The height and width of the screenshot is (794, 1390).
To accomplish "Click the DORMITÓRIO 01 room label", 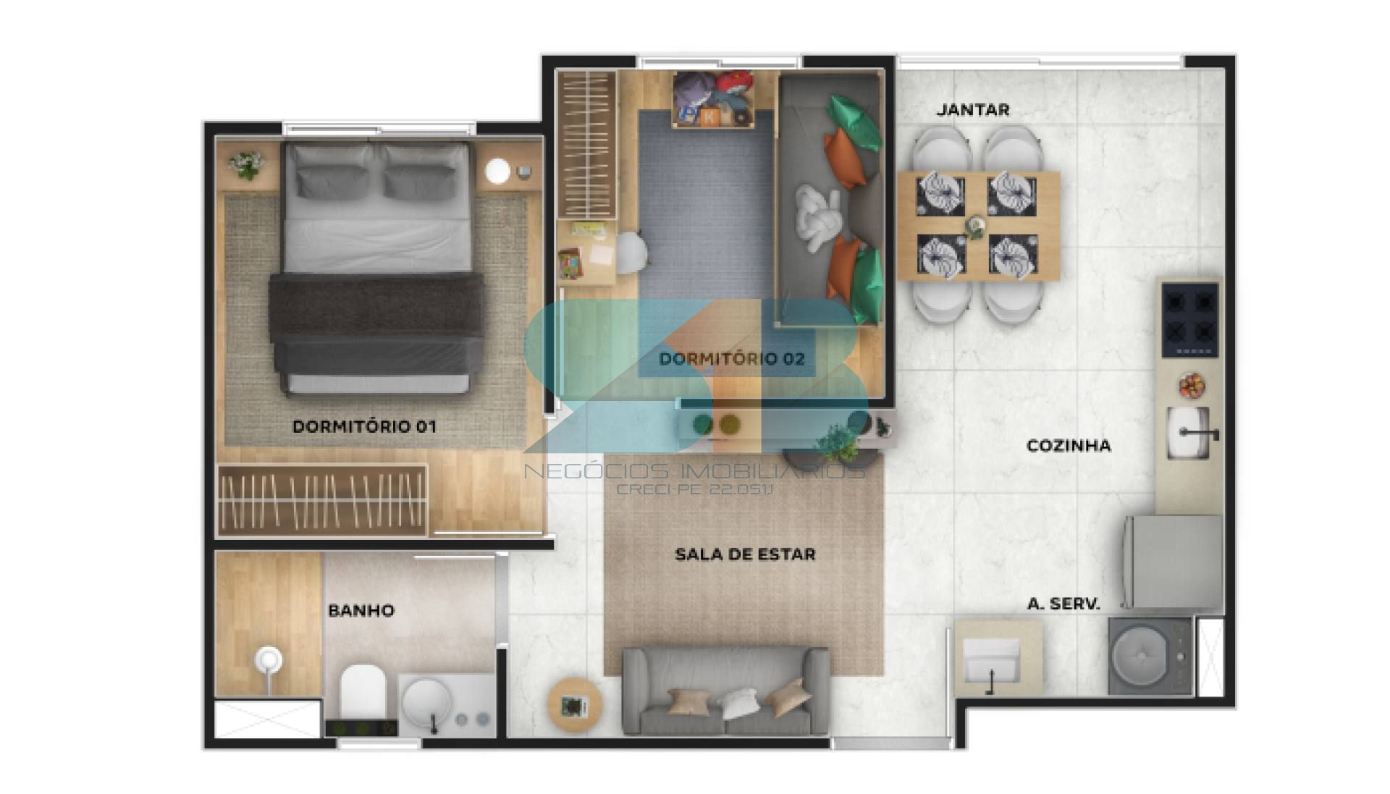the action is tap(364, 426).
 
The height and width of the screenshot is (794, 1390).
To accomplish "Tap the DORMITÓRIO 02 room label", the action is tap(732, 358).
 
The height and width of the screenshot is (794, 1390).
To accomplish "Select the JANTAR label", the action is tap(972, 110).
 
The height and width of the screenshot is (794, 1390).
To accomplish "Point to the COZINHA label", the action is tap(1069, 445).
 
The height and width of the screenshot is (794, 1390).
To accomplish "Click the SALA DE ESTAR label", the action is tap(745, 554).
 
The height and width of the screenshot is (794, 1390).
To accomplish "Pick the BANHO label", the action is tap(361, 610).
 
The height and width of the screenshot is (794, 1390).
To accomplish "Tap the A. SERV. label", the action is tap(1063, 604).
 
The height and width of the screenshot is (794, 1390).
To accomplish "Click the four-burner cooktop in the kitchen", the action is tap(1190, 320).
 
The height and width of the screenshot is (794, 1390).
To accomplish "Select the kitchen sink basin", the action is tap(1189, 433).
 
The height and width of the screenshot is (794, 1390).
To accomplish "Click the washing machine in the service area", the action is tap(1150, 656).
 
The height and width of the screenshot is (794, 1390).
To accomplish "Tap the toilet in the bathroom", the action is tap(363, 693).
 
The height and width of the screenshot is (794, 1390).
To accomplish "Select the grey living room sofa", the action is tap(726, 691).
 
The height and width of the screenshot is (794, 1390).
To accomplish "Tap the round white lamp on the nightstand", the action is tap(498, 171).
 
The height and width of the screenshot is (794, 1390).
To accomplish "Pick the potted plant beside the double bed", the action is tap(247, 164).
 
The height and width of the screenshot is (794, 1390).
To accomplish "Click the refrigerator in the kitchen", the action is tap(1173, 562).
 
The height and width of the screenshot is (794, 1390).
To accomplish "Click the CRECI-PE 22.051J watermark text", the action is tap(695, 489).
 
